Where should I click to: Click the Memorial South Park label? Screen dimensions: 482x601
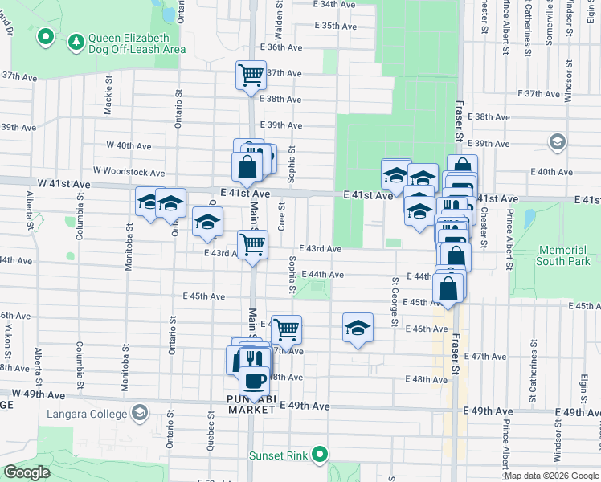[x=562, y=255]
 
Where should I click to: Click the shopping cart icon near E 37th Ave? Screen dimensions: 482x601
[x=251, y=75]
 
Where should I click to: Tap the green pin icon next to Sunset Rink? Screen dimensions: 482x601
[x=320, y=455]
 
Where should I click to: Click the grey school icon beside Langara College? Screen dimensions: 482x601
[x=140, y=413]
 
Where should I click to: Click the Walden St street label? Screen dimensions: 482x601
[x=279, y=21]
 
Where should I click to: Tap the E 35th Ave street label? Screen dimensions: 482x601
[x=336, y=26]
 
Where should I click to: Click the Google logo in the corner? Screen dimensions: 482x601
[x=27, y=472]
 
